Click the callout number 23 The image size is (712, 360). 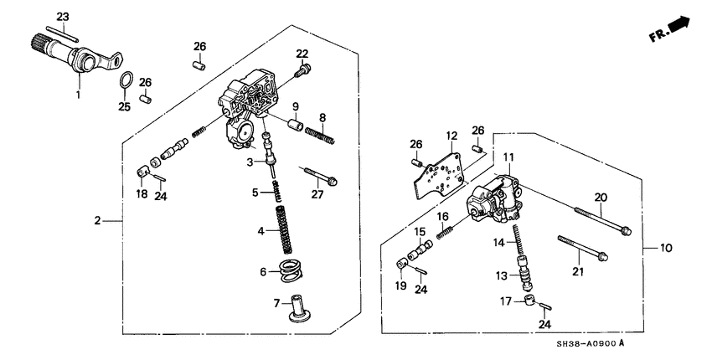tap(64, 16)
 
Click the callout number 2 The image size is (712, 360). tap(98, 220)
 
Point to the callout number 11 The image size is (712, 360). tap(508, 157)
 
